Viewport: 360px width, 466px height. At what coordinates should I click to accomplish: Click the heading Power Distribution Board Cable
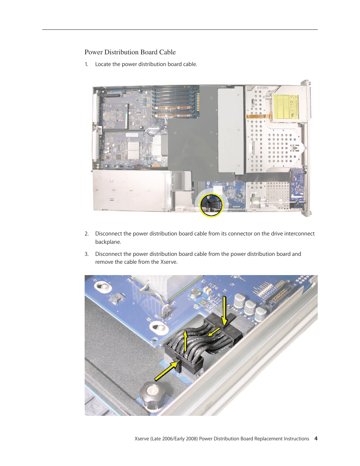pyautogui.click(x=130, y=52)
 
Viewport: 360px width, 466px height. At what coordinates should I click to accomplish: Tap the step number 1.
pyautogui.click(x=86, y=65)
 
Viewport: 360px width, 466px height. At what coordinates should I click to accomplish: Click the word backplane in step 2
pyautogui.click(x=108, y=242)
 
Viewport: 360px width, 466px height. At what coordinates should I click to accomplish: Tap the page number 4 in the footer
pyautogui.click(x=316, y=438)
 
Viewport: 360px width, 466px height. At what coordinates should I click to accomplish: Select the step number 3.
pyautogui.click(x=86, y=254)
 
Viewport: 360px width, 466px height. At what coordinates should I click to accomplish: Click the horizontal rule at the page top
pyautogui.click(x=180, y=29)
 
